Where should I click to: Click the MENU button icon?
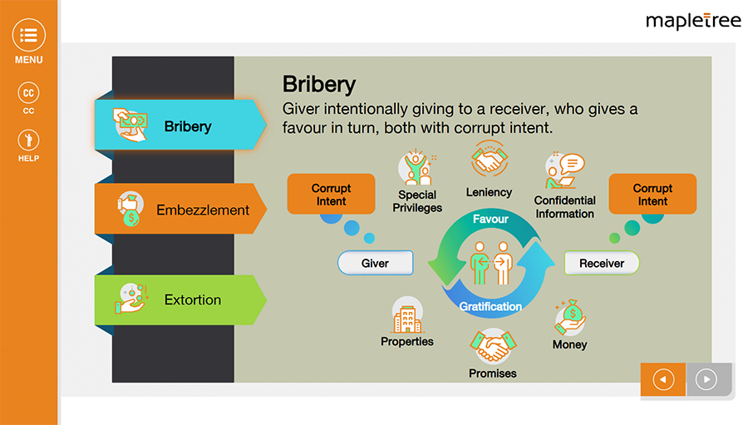click(x=28, y=36)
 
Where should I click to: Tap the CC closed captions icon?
click(x=28, y=93)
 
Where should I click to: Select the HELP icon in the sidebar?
click(x=28, y=141)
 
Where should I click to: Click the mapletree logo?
click(x=693, y=21)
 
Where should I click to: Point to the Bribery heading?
click(x=319, y=84)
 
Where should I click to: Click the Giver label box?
click(x=375, y=263)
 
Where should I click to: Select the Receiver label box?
click(x=602, y=263)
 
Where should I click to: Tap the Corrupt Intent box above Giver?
click(x=331, y=195)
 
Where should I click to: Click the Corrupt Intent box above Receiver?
click(x=652, y=195)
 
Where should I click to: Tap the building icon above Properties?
click(x=407, y=316)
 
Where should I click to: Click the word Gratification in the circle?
click(x=490, y=306)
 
